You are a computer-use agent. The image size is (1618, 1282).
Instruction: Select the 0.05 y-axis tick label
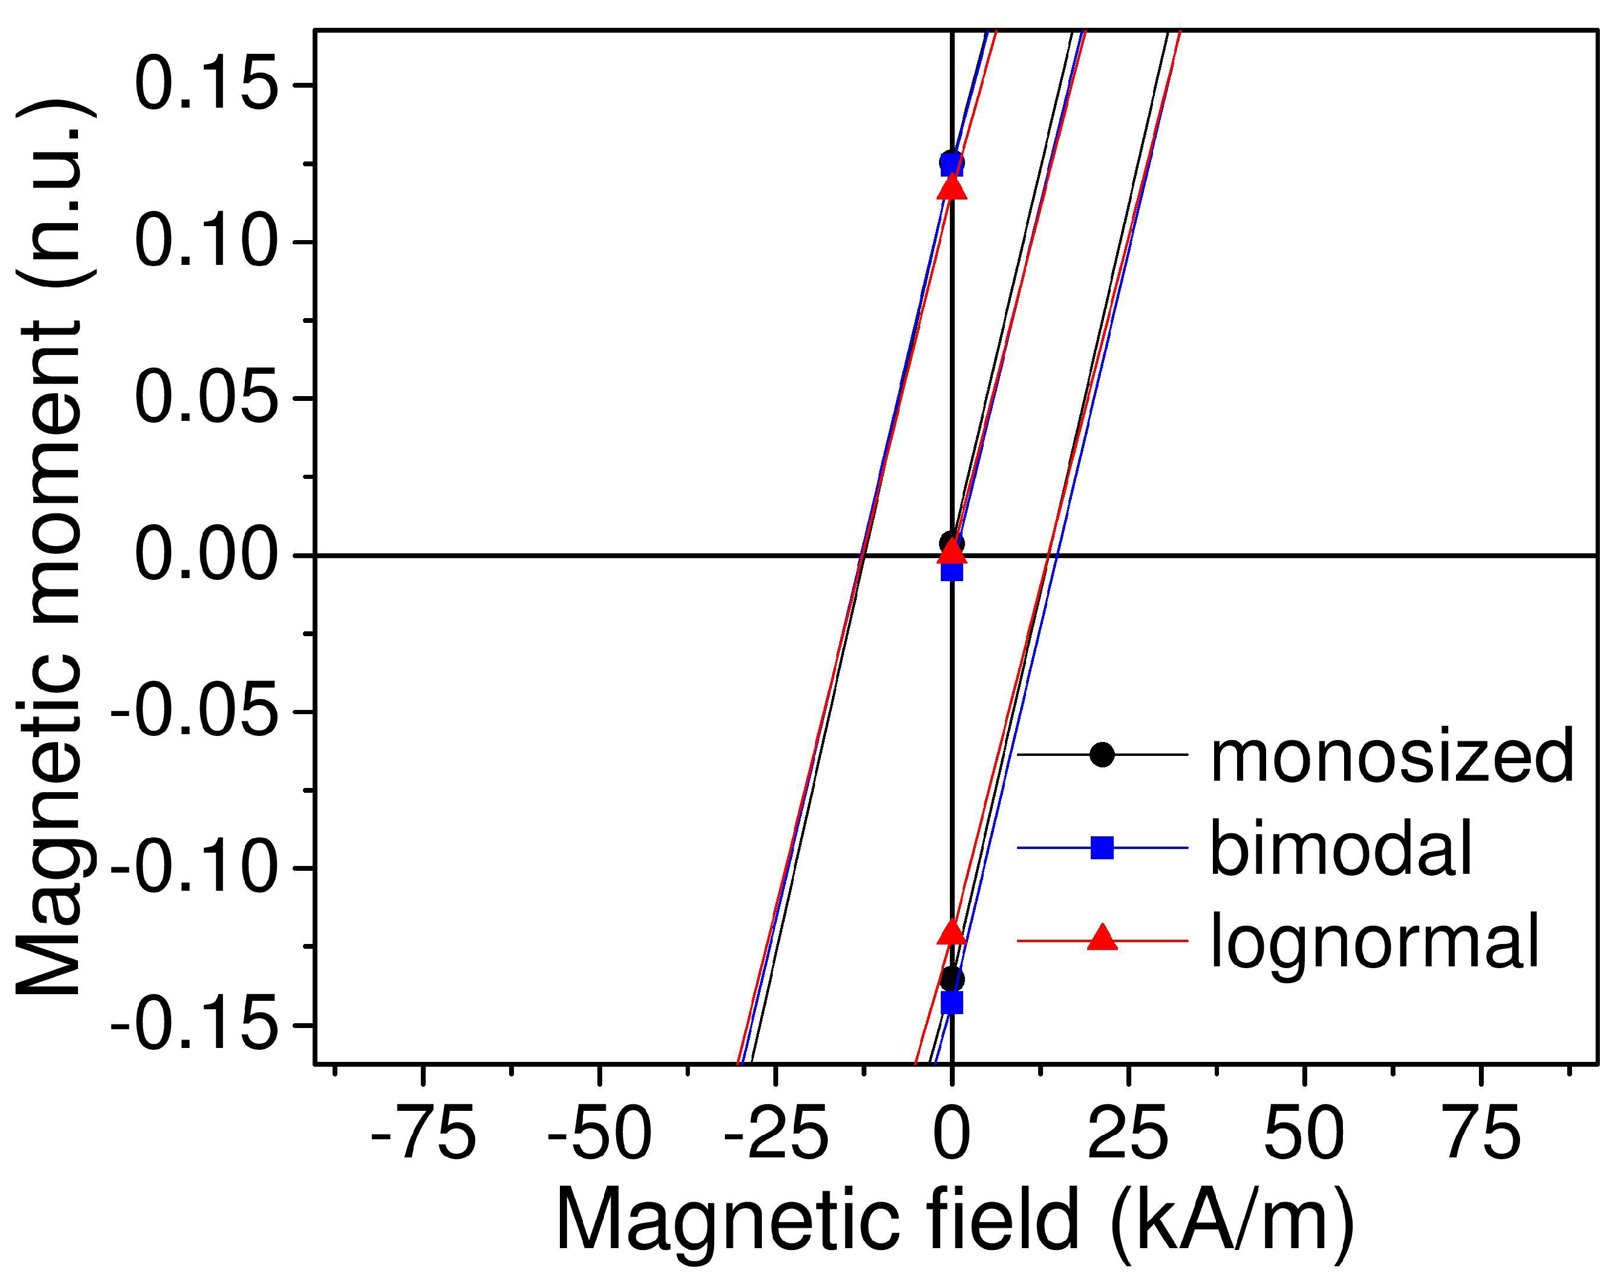203,399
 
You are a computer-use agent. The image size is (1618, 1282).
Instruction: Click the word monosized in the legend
1392,757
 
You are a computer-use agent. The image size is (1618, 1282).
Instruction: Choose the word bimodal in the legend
1342,849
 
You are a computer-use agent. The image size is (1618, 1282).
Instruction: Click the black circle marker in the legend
1102,754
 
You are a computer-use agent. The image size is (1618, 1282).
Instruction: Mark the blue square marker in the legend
1102,848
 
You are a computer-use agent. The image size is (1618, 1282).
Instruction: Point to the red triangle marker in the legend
1102,939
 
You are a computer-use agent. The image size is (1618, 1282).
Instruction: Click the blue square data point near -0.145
952,1003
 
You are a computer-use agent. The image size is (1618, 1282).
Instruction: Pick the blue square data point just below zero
952,571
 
